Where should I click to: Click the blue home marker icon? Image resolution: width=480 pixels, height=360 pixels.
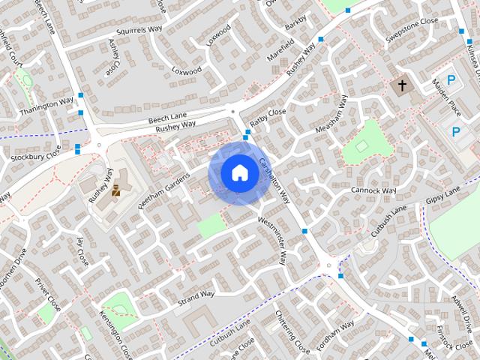click(239, 172)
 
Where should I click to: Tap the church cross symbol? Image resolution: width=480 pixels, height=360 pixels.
click(402, 86)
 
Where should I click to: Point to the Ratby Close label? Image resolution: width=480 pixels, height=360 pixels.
click(268, 117)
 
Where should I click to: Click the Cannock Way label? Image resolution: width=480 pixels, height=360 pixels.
click(373, 190)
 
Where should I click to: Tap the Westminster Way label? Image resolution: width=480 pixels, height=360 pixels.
click(272, 241)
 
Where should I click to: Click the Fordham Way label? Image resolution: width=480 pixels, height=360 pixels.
click(335, 336)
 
